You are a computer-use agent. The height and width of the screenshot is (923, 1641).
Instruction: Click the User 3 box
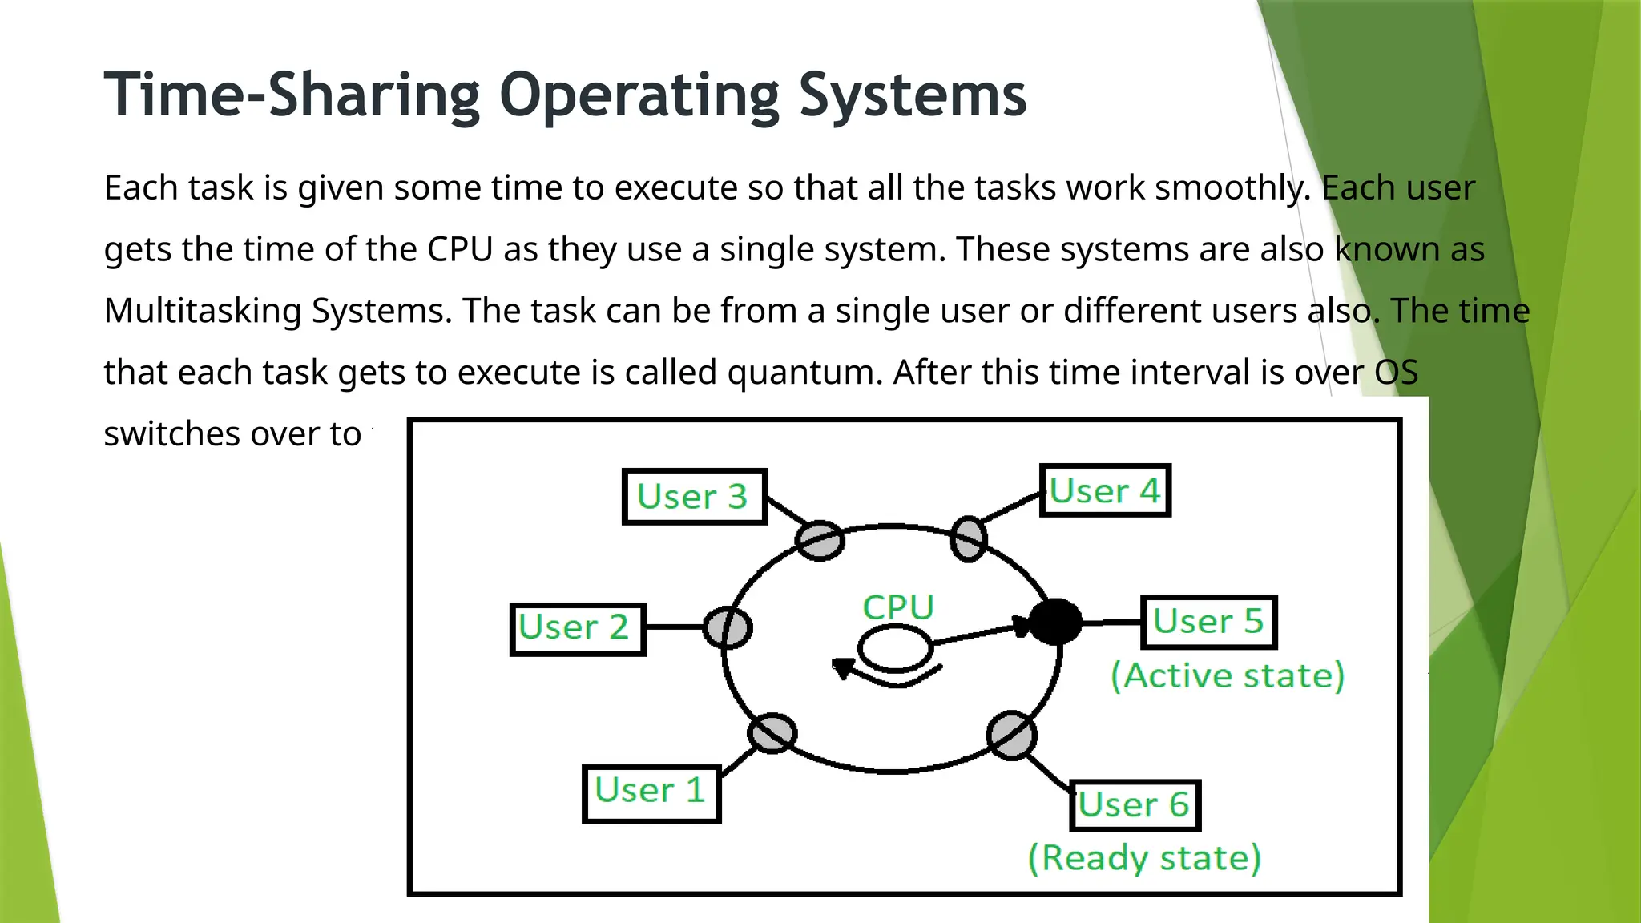click(x=694, y=497)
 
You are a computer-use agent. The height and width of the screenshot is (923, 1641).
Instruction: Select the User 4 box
click(x=1105, y=490)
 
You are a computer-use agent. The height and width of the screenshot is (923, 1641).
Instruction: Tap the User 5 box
click(x=1208, y=622)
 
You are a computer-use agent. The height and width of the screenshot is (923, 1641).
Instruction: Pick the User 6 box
click(x=1135, y=805)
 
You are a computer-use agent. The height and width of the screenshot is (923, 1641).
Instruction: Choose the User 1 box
click(x=651, y=793)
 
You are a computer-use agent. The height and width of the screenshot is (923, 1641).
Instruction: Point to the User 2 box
click(x=577, y=629)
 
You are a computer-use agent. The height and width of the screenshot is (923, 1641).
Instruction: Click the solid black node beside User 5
click(x=1054, y=622)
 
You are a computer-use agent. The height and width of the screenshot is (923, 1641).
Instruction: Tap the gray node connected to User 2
click(x=728, y=627)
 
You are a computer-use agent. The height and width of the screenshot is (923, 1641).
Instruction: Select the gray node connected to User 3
click(x=820, y=541)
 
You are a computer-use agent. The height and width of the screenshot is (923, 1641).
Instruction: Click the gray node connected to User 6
click(x=1011, y=736)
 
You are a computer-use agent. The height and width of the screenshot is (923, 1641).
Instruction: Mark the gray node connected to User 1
click(x=772, y=733)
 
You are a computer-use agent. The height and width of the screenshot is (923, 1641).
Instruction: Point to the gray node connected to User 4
click(x=968, y=538)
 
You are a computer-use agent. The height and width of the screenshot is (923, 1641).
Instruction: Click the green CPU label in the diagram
click(x=898, y=607)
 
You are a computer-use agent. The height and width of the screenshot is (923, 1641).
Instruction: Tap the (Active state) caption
click(x=1227, y=676)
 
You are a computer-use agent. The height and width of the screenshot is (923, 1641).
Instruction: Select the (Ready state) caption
click(x=1144, y=858)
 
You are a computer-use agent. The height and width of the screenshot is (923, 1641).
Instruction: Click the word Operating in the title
click(x=639, y=96)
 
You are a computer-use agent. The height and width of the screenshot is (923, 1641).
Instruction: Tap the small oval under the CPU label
click(x=894, y=648)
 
